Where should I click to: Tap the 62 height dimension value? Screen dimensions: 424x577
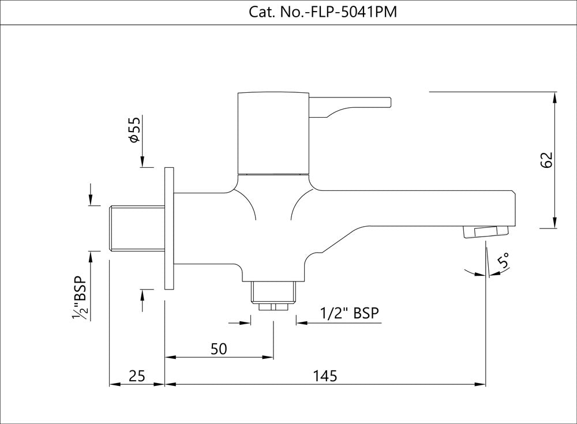548,160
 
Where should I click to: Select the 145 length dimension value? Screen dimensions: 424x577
325,376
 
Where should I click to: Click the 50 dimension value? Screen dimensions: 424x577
219,348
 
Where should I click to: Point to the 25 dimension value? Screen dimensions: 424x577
137,376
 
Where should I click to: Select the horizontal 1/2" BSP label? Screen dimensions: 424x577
350,313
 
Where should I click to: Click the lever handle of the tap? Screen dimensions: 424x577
352,106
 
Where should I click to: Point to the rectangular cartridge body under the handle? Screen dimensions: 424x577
273,132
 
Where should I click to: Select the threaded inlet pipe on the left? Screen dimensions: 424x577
137,227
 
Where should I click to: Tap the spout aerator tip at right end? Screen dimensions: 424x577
485,232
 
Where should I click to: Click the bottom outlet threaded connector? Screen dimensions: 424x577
273,294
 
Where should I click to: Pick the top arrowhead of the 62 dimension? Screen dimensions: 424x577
554,97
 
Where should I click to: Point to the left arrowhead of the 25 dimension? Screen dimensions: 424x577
114,384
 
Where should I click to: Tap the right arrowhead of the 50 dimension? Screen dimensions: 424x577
268,358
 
